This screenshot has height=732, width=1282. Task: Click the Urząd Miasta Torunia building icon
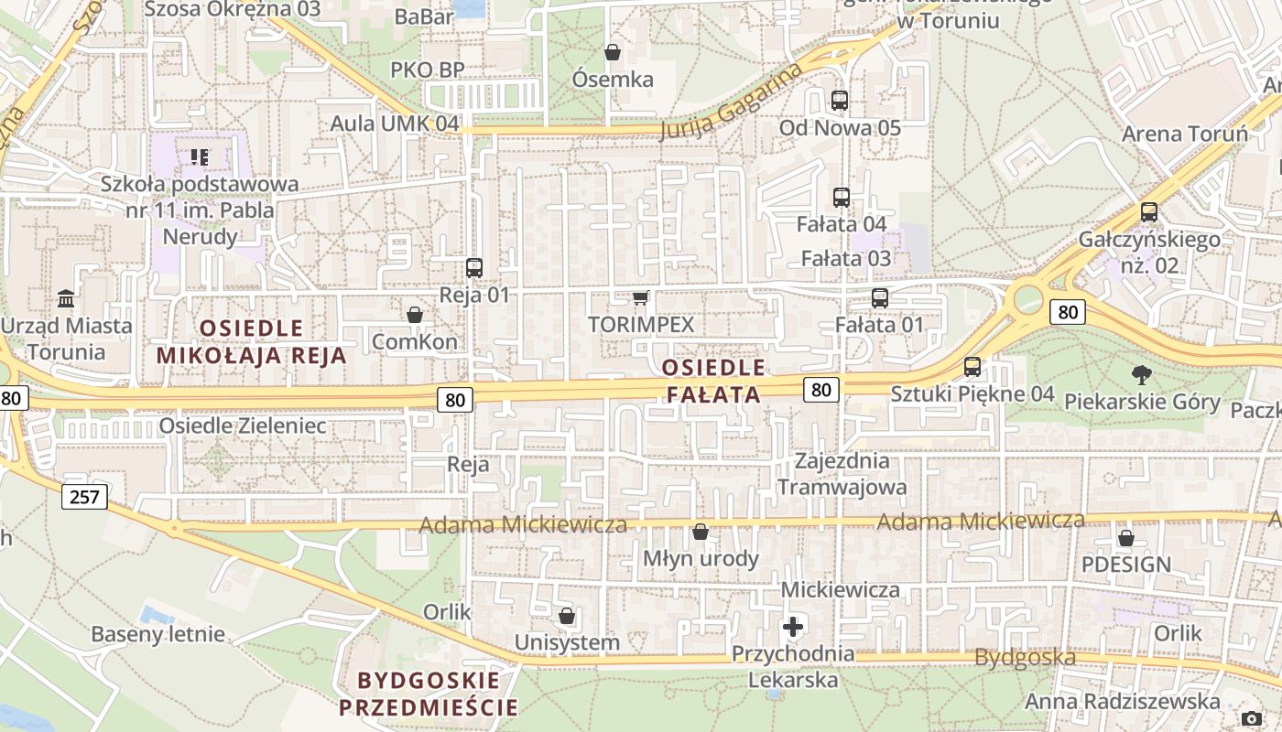coord(66,298)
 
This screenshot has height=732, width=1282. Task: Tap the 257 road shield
coord(85,497)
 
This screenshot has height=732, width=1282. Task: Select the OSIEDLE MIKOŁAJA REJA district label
coord(252,341)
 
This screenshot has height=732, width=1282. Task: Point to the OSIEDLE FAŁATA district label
coord(712,381)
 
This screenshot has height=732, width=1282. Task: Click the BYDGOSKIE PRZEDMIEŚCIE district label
coord(429,694)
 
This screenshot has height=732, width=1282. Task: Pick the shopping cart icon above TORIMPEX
coord(641,297)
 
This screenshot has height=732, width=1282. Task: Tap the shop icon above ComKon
coord(415,315)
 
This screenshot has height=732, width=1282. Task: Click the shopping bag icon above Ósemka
coord(613,52)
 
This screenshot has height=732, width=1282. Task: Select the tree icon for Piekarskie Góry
coord(1141,373)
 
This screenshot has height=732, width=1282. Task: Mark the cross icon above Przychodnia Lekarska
coord(793,627)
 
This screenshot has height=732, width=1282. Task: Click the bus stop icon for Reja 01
coord(473,268)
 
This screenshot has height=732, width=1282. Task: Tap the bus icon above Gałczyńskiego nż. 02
coord(1148,212)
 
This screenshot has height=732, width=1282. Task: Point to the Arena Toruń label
coord(1185,134)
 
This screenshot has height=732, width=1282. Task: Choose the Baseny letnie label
coord(158,634)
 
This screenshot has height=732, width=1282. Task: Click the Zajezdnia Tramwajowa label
coord(842,473)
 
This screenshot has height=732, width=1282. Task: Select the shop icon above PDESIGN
coord(1125,537)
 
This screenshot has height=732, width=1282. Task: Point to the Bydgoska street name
coord(1024,657)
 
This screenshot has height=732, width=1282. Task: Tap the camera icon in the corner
coord(1252,718)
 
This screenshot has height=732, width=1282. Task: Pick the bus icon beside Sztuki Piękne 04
coord(972,367)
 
